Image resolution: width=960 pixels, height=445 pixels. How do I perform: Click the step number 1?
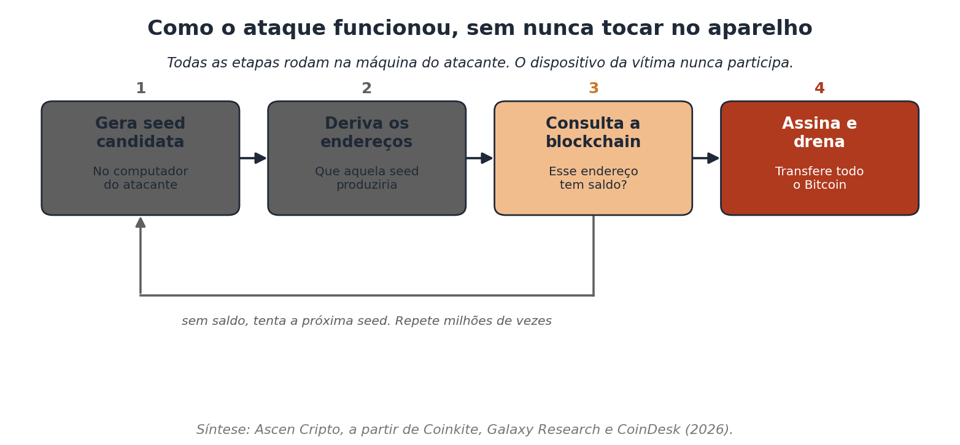tap(141, 88)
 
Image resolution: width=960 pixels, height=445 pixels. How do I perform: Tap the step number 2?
tap(366, 88)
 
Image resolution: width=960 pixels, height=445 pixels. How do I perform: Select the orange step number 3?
tap(593, 88)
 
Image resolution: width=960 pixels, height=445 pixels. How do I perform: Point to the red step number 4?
tap(819, 88)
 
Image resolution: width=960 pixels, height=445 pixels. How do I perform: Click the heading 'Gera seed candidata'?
tap(141, 132)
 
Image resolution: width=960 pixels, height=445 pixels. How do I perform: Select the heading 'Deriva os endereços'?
tap(366, 132)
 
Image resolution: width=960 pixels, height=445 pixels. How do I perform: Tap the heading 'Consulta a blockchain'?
tap(593, 132)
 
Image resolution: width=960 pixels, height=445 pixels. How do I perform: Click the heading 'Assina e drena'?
tap(819, 132)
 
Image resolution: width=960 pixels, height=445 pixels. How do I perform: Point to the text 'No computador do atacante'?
tap(141, 178)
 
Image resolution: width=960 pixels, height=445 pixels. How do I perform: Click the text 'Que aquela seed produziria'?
tap(366, 178)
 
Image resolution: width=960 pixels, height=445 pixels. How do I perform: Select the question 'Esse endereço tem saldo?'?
tap(593, 178)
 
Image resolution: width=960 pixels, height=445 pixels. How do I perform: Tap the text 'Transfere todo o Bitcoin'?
tap(819, 178)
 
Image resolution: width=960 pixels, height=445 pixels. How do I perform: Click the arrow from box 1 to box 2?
tap(254, 158)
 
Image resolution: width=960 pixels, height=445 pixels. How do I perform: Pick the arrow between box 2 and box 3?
tap(479, 158)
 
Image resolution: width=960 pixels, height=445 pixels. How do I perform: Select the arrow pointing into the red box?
tap(706, 158)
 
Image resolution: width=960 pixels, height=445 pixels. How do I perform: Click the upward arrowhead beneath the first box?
tap(141, 222)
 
